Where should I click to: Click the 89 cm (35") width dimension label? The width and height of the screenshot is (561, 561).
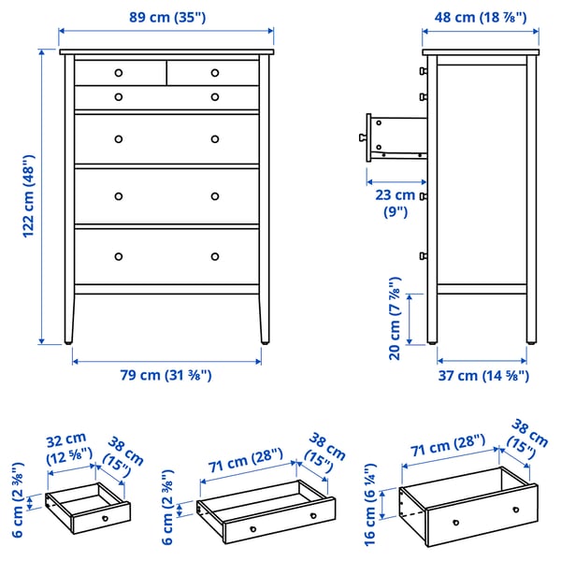coord(166,16)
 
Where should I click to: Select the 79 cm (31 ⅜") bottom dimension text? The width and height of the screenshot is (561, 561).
coord(166,375)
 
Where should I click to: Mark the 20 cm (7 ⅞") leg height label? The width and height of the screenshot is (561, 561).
coord(396,318)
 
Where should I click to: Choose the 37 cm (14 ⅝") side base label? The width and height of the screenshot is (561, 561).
coord(483,375)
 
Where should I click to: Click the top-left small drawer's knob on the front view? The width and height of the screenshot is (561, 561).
coord(119,73)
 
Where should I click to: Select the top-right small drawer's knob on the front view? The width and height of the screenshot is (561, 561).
coord(214,73)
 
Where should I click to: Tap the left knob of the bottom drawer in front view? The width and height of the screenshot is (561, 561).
coord(119,256)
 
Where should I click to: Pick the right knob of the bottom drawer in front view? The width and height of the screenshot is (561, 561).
coord(214,256)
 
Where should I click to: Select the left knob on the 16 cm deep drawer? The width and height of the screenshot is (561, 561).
coord(455,523)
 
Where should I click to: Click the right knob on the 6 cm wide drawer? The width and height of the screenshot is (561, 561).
coord(311,515)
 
